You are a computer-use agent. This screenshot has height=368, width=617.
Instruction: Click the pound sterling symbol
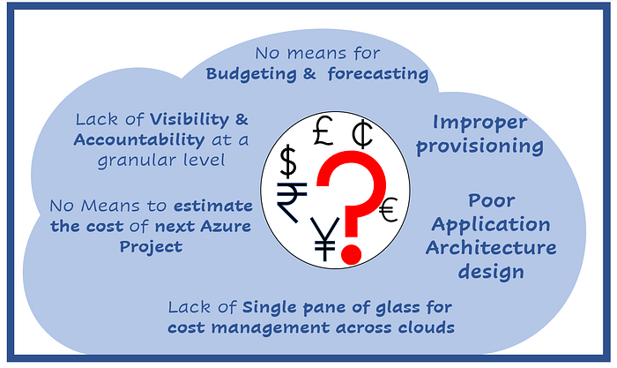pyautogui.click(x=323, y=131)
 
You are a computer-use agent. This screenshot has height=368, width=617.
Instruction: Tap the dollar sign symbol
pyautogui.click(x=288, y=161)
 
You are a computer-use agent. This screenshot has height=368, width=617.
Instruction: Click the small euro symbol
pyautogui.click(x=389, y=210)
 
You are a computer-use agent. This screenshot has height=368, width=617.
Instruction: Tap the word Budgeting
pyautogui.click(x=251, y=74)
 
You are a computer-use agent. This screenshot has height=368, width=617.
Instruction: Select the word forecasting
pyautogui.click(x=378, y=73)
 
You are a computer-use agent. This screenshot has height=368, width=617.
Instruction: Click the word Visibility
pyautogui.click(x=190, y=120)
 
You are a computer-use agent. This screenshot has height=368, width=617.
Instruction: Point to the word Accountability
pyautogui.click(x=139, y=140)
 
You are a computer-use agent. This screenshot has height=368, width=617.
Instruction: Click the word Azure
pyautogui.click(x=226, y=226)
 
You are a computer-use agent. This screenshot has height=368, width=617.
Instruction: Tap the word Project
pyautogui.click(x=151, y=247)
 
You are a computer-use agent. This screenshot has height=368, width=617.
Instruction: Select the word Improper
pyautogui.click(x=479, y=124)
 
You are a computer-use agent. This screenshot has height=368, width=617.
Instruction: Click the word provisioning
pyautogui.click(x=480, y=146)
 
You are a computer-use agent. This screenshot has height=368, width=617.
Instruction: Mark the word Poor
pyautogui.click(x=492, y=201)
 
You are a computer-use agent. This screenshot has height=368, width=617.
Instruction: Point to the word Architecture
pyautogui.click(x=491, y=248)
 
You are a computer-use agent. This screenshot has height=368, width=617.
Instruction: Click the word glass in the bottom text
pyautogui.click(x=398, y=308)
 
